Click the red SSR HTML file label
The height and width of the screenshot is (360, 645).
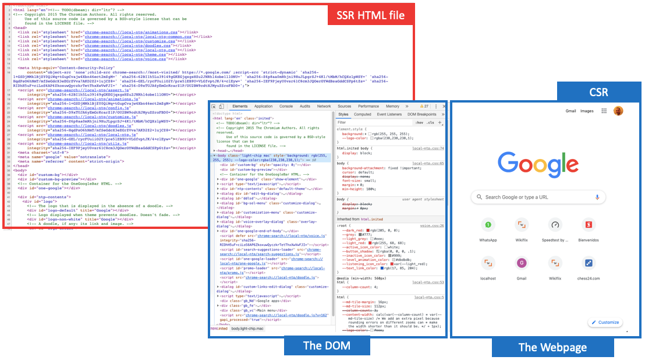tap(370, 15)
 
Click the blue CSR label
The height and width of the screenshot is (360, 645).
tap(599, 92)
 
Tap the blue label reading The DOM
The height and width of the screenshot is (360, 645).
tap(327, 345)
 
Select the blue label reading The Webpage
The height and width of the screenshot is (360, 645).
tap(552, 348)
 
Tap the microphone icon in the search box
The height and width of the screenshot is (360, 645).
tap(597, 197)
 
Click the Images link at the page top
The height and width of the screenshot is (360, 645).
tap(587, 111)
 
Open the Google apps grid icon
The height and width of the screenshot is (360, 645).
tap(604, 111)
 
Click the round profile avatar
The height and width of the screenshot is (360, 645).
tap(618, 111)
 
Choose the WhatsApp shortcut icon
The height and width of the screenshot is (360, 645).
tap(488, 225)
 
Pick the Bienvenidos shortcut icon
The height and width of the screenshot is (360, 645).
tap(589, 225)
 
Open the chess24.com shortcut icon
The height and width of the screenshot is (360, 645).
tap(589, 263)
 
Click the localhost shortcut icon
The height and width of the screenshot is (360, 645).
tap(488, 263)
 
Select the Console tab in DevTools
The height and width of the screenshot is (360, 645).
tap(286, 107)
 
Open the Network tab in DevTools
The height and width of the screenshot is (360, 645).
tap(324, 107)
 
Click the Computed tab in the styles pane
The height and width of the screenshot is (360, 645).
tap(363, 114)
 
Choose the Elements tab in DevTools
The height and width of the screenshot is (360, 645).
tap(240, 107)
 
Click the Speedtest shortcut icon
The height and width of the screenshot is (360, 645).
tap(555, 225)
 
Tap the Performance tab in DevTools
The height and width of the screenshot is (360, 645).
tap(368, 107)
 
